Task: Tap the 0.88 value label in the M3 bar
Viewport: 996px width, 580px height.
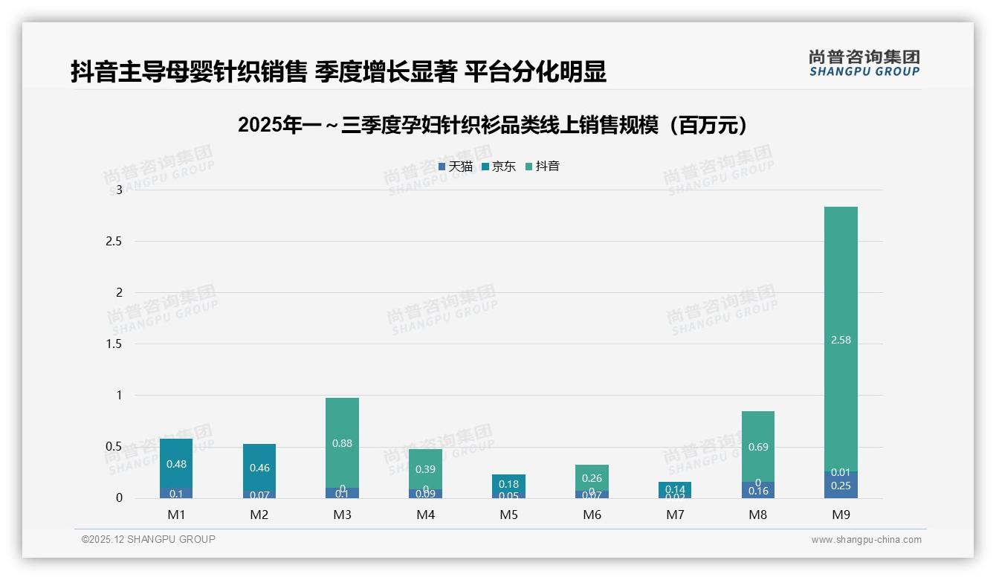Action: (x=343, y=443)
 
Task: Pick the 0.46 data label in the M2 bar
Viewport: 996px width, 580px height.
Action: (x=259, y=468)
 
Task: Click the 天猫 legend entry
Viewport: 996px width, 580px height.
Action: (x=456, y=167)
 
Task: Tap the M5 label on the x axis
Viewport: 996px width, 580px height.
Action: (x=509, y=515)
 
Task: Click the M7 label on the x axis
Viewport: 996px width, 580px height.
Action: (x=675, y=515)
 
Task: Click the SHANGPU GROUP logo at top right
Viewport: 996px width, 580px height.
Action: (x=864, y=63)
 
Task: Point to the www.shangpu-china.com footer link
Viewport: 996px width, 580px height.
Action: (x=866, y=540)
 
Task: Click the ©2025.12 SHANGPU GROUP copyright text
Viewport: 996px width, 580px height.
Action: (x=149, y=539)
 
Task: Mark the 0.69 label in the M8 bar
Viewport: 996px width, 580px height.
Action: (x=758, y=447)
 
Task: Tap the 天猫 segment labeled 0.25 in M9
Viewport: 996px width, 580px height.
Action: (x=841, y=486)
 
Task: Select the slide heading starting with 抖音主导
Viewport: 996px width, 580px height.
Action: (x=338, y=71)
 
